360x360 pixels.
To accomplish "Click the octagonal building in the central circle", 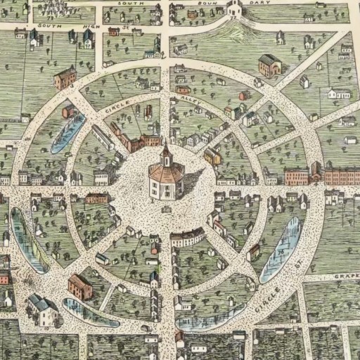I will point(167,179).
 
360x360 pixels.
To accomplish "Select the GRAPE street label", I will point(347,276).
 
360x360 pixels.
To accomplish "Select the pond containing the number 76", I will point(281,250).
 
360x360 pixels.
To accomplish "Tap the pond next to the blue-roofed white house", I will point(88,312).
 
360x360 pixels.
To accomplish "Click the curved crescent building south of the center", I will point(187,238).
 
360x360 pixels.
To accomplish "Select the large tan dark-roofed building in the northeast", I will point(269,65).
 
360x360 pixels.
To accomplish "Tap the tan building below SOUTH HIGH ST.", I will point(64,78).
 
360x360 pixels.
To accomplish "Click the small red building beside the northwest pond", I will point(68,111).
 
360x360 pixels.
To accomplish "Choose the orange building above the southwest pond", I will point(79,286).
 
